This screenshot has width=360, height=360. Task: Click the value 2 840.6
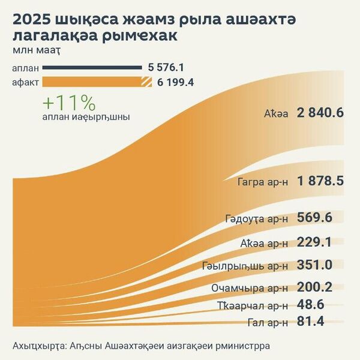click(319, 113)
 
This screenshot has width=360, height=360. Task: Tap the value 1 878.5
click(319, 181)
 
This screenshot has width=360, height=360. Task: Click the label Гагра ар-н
click(262, 182)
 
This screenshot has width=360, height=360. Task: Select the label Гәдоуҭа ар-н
click(258, 218)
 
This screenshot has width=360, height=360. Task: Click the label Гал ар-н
click(268, 323)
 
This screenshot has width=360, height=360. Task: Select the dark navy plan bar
click(91, 68)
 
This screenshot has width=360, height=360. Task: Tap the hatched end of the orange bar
click(145, 82)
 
